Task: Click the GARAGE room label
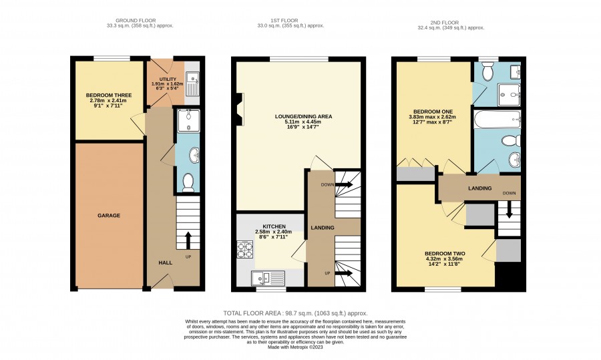coord(109,216)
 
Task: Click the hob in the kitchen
coord(245,250)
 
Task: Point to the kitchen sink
coord(268,278)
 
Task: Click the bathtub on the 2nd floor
coord(497,120)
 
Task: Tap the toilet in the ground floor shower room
coord(188,182)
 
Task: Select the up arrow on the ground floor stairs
coord(188,240)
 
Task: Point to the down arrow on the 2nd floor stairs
coord(510,210)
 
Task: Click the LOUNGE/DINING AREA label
coord(304,117)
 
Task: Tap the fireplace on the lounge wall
coord(240,110)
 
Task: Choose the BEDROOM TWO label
coord(445,254)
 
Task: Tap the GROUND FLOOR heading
coord(136,21)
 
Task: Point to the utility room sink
coord(192,83)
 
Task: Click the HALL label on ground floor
coord(166,262)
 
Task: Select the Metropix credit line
coord(295,347)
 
